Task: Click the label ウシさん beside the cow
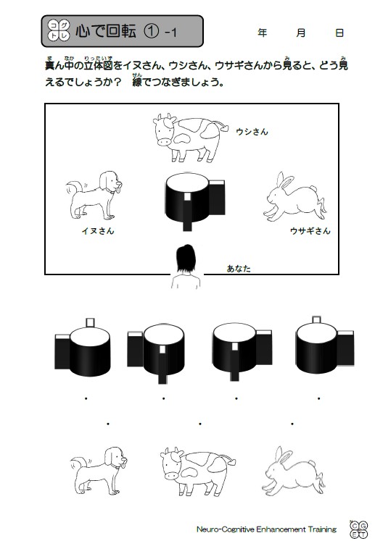coord(252,132)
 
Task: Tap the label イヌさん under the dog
coord(98,231)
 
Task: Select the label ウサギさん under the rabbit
coord(310,231)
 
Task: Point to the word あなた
coord(239,269)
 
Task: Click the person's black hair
coord(186,258)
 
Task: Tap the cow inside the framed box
coord(190,138)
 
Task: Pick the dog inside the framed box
coord(94,195)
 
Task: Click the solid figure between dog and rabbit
coord(195,201)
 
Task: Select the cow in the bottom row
coord(198,471)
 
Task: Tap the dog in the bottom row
coord(99,471)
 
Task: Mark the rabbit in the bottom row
coord(294,470)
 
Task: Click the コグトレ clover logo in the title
coord(59,30)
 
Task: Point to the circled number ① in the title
coord(151,31)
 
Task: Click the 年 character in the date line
coord(263,33)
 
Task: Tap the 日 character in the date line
coord(339,33)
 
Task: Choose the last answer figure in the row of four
coord(324,345)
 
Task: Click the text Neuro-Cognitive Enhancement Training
coord(266,529)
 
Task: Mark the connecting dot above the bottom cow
coord(199,424)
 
